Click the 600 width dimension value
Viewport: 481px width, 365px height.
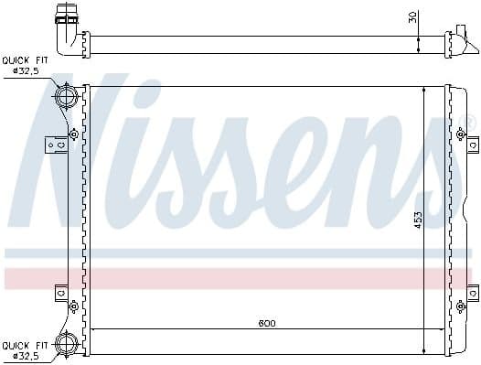(x=265, y=324)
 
